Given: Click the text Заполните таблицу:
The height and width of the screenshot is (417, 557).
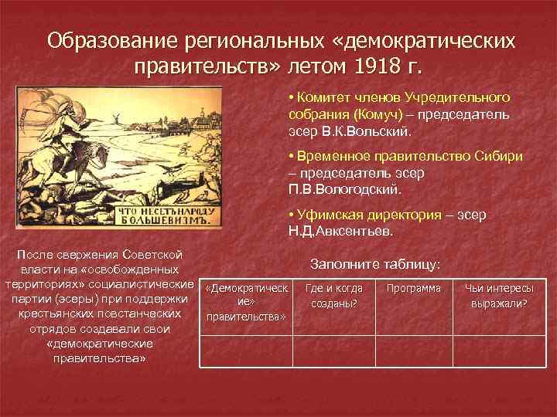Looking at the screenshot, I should (x=374, y=264).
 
